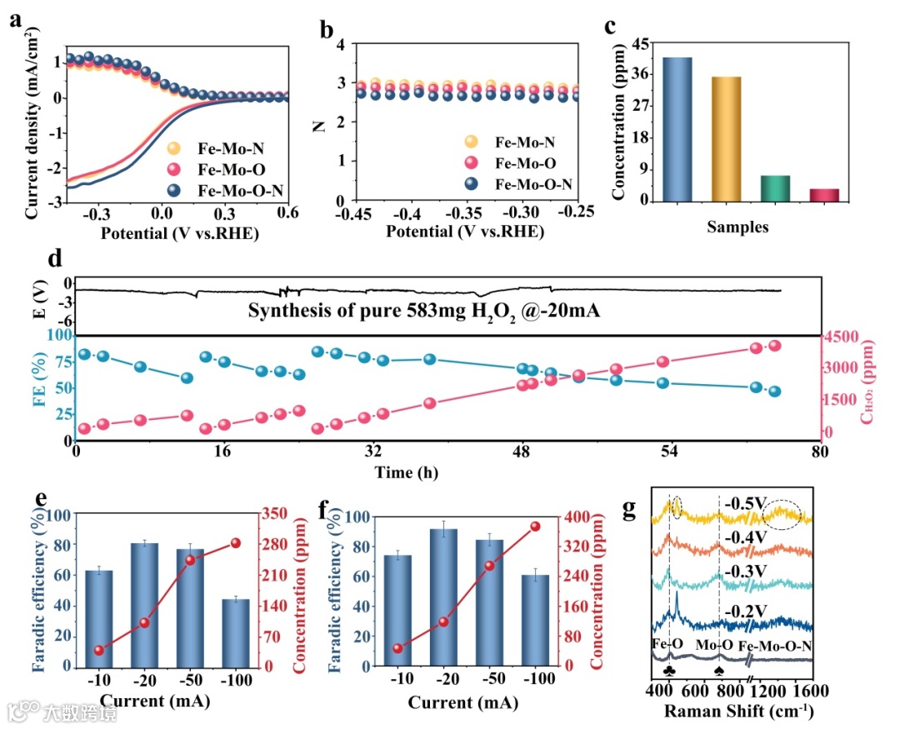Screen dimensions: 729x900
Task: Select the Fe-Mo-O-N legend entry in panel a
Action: tap(237, 191)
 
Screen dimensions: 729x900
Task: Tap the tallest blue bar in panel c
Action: tap(677, 129)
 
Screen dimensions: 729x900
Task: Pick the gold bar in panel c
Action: tap(726, 139)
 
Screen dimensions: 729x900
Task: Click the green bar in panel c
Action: tap(775, 188)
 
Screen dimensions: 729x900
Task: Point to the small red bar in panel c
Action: tap(824, 195)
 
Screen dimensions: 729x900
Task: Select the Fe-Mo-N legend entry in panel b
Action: tap(525, 142)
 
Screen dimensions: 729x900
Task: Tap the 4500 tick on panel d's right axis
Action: tap(844, 337)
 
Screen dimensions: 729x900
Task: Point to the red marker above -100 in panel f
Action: tap(535, 527)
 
